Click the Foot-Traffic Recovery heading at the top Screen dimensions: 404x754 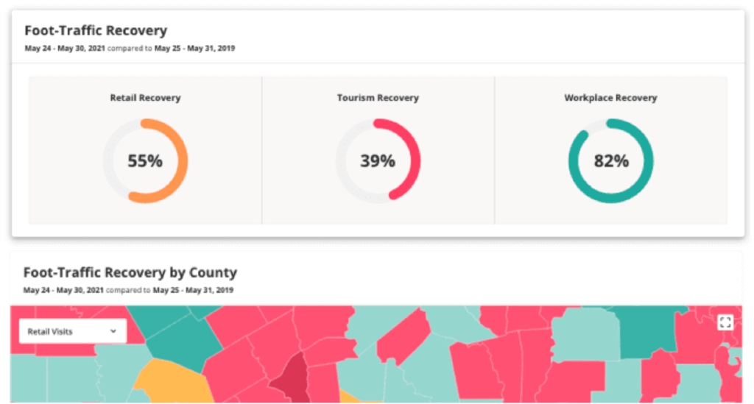click(96, 31)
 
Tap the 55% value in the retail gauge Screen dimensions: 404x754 click(145, 160)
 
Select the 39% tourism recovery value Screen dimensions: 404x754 click(378, 160)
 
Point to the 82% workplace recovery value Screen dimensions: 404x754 click(611, 160)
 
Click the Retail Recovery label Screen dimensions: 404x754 click(145, 98)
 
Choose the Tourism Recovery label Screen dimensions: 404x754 click(378, 98)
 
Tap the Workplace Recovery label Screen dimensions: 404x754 click(610, 98)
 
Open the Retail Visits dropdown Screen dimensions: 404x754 click(71, 331)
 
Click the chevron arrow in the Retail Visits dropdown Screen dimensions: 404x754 click(113, 331)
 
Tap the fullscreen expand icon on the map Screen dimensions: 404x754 click(725, 322)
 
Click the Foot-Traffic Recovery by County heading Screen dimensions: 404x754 click(130, 273)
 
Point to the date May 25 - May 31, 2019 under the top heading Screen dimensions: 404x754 click(194, 49)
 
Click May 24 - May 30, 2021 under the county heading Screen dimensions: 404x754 click(64, 291)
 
